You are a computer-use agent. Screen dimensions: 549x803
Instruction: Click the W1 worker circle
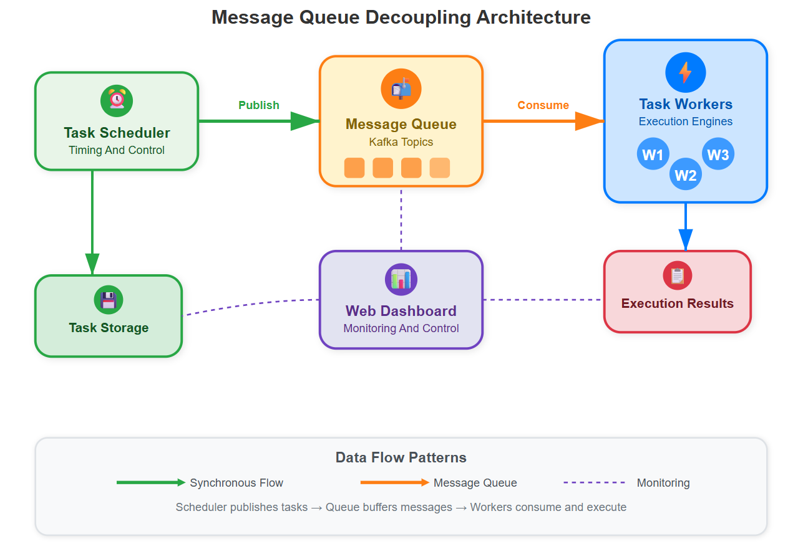click(x=653, y=154)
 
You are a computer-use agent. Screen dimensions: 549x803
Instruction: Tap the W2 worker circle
click(x=685, y=174)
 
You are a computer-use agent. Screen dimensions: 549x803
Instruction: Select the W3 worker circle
click(x=718, y=154)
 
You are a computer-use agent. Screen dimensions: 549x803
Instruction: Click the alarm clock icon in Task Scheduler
click(x=117, y=100)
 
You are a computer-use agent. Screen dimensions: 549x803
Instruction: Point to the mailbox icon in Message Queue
click(x=401, y=89)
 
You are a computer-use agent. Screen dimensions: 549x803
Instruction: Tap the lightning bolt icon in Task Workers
click(x=685, y=72)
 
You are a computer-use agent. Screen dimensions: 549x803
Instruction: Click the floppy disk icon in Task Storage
click(x=109, y=300)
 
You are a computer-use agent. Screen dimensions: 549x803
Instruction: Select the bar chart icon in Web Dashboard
click(x=401, y=279)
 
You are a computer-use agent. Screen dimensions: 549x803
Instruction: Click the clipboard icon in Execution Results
click(x=677, y=275)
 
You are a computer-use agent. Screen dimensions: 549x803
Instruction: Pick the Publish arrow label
click(x=259, y=105)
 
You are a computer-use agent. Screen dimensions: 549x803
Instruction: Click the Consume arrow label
click(x=543, y=105)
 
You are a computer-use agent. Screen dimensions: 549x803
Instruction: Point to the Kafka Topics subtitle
click(x=401, y=142)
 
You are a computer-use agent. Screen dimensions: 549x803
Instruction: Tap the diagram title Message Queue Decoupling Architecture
click(x=401, y=17)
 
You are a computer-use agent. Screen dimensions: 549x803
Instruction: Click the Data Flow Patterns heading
click(x=401, y=457)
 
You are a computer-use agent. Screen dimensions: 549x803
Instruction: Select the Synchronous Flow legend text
click(x=236, y=483)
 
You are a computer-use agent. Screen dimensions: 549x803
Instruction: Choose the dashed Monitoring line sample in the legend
click(x=594, y=482)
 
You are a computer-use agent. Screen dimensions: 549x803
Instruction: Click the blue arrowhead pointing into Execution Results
click(x=685, y=240)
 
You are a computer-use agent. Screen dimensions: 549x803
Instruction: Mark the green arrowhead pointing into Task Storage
click(x=92, y=264)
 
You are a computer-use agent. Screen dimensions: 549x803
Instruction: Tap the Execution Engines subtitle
click(x=685, y=122)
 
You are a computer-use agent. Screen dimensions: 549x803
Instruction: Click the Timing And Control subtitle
click(x=117, y=150)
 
